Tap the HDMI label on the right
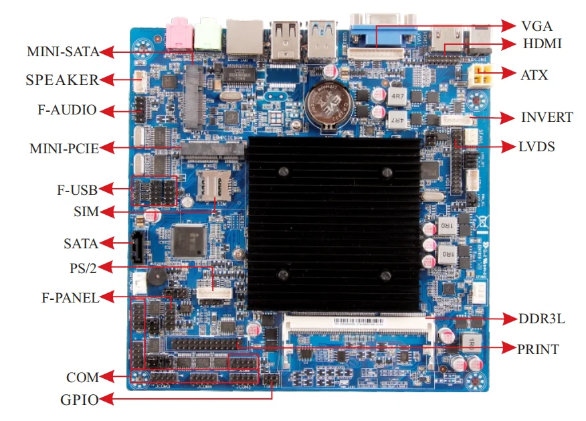(x=542, y=44)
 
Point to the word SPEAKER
(x=62, y=80)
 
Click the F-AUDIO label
(x=67, y=110)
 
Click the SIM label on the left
(x=86, y=212)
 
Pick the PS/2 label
(x=84, y=268)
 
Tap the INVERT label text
(x=547, y=118)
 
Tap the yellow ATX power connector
(x=480, y=76)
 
